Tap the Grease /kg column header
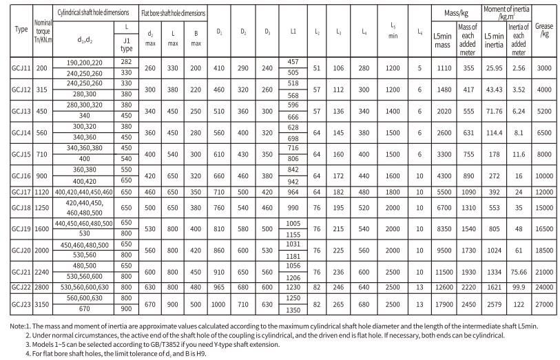(x=543, y=30)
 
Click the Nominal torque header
(x=43, y=30)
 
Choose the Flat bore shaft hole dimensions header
(x=173, y=13)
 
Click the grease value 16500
(x=543, y=229)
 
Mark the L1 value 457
(x=293, y=61)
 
